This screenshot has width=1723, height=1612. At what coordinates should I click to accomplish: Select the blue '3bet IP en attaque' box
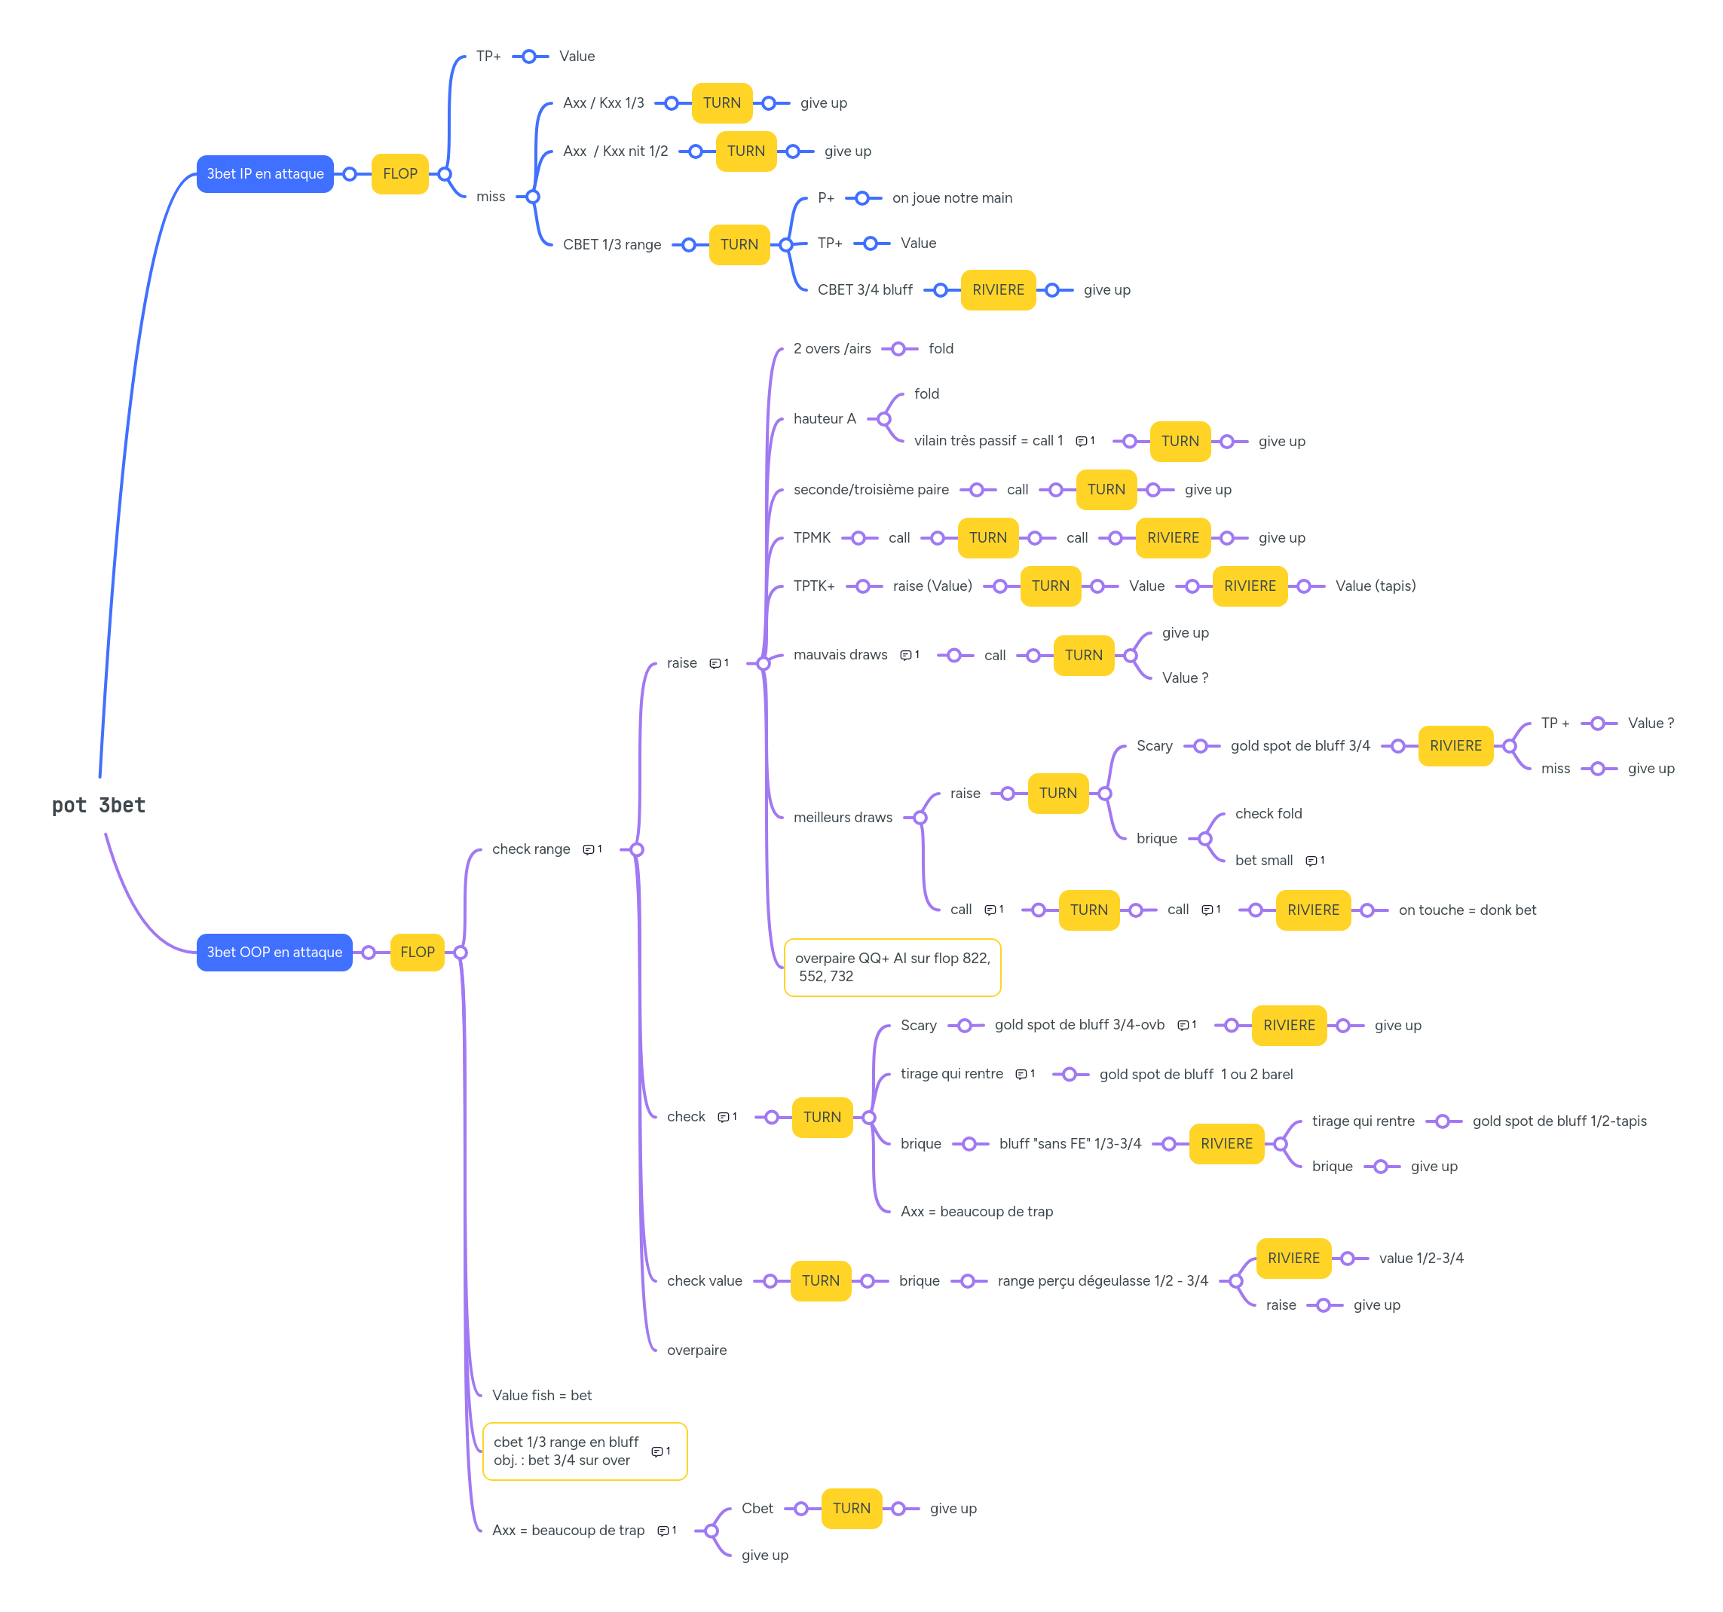[x=265, y=173]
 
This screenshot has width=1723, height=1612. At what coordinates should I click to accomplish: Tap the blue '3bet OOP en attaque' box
[x=274, y=952]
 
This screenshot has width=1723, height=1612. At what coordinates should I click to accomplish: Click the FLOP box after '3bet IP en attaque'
[x=399, y=173]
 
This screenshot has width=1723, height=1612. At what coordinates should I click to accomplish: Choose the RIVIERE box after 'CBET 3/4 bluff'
[x=998, y=289]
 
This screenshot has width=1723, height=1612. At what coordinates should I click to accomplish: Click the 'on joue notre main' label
[x=952, y=197]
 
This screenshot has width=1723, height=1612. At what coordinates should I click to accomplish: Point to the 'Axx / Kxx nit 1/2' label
[x=614, y=151]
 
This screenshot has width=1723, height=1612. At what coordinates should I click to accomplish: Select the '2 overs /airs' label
[x=831, y=348]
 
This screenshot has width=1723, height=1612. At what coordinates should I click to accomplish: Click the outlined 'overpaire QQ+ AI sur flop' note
[x=892, y=967]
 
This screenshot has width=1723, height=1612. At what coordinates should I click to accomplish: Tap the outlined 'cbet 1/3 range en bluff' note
[x=572, y=1451]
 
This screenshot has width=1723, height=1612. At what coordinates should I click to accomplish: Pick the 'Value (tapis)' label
[x=1375, y=586]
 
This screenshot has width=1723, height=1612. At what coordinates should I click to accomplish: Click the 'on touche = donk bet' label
[x=1467, y=910]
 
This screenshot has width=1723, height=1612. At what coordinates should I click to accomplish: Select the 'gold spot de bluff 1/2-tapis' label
[x=1559, y=1121]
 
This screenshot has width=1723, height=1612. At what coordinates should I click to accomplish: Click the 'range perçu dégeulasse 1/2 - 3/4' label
[x=1102, y=1280]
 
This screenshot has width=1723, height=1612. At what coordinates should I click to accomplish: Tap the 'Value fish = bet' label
[x=542, y=1396]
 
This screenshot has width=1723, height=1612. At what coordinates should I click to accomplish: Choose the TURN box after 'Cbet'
[x=851, y=1508]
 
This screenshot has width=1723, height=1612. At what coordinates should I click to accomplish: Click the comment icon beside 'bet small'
[x=1311, y=861]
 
